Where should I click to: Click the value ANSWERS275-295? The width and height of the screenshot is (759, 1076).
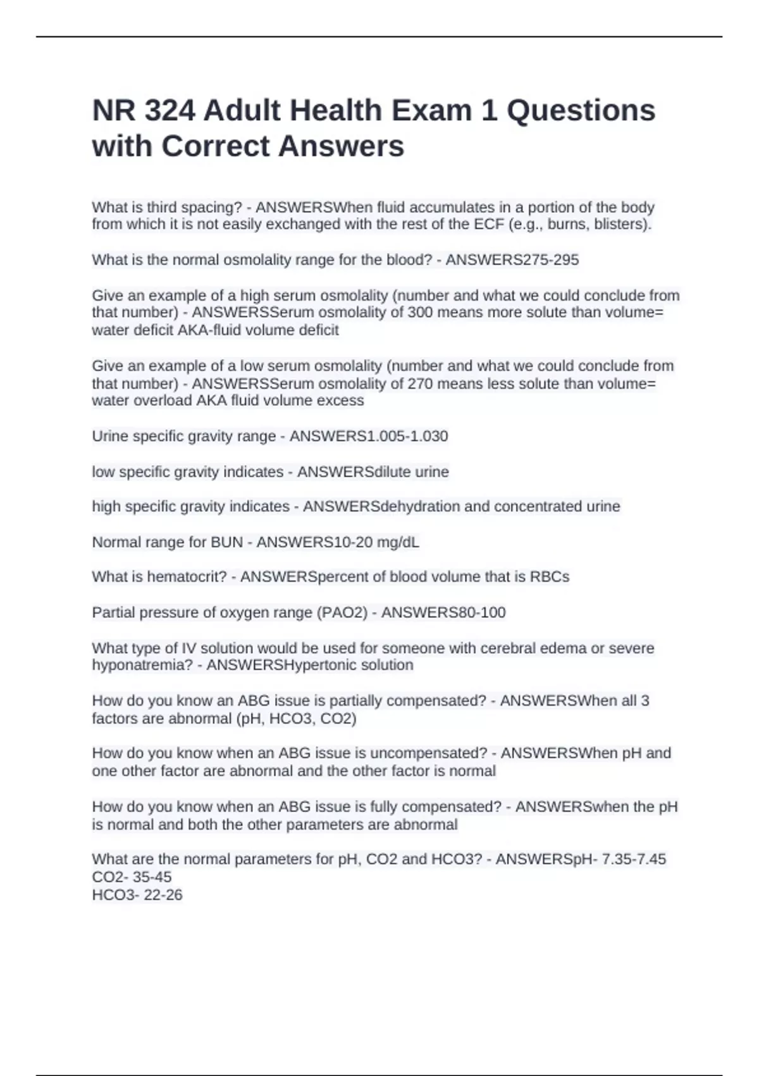click(512, 260)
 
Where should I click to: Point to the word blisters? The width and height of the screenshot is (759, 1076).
click(622, 225)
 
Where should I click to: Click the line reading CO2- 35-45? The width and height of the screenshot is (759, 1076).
click(132, 877)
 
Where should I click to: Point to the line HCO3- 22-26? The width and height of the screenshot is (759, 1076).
click(137, 895)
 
